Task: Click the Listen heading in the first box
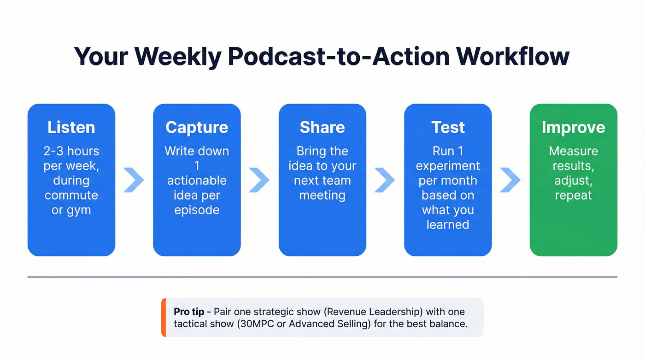click(x=71, y=127)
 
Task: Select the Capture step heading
click(x=197, y=127)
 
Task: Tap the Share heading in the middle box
click(x=322, y=127)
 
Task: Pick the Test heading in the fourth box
click(x=448, y=127)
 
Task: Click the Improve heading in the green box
click(x=573, y=127)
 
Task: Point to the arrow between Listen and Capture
click(x=134, y=180)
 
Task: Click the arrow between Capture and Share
click(x=259, y=180)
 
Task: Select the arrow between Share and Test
click(x=385, y=180)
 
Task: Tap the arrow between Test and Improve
click(x=510, y=180)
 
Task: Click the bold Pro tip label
click(x=189, y=312)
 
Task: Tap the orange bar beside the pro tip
click(x=164, y=318)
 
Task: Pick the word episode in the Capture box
click(x=197, y=210)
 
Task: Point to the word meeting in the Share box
click(x=322, y=195)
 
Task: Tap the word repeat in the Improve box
click(x=573, y=195)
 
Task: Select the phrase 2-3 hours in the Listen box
click(x=71, y=151)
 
